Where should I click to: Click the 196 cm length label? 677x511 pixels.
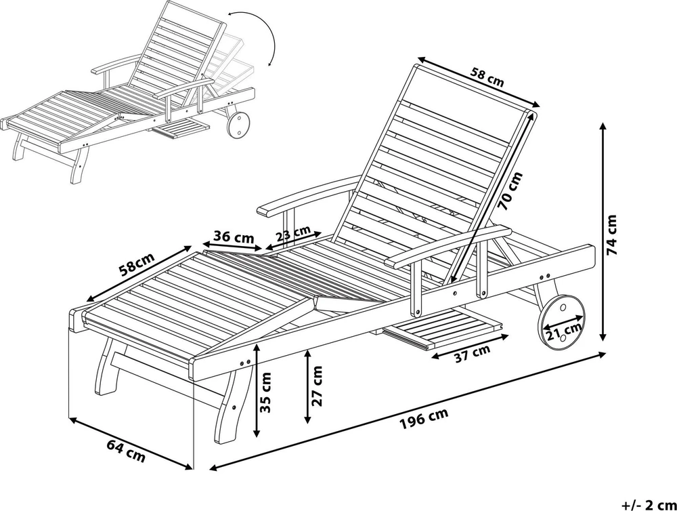(x=424, y=418)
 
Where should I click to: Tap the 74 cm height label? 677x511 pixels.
(x=612, y=235)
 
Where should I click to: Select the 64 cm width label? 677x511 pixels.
(x=126, y=450)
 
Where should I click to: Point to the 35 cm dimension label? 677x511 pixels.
(x=266, y=392)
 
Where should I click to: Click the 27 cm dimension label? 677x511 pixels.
(x=316, y=386)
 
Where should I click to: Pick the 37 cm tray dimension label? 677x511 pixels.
(x=473, y=353)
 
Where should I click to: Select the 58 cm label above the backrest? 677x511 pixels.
(x=487, y=77)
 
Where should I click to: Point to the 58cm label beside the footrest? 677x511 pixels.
(x=137, y=264)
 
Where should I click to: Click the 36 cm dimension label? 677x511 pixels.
(x=234, y=237)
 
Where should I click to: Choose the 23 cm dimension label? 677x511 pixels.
(x=294, y=233)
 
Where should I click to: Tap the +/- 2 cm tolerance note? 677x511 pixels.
(x=649, y=504)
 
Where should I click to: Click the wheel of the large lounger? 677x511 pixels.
(x=561, y=317)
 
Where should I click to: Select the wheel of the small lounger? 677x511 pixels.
(x=238, y=125)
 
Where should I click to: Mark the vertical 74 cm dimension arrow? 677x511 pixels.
(x=603, y=232)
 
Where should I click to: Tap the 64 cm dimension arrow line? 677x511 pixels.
(x=131, y=443)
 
